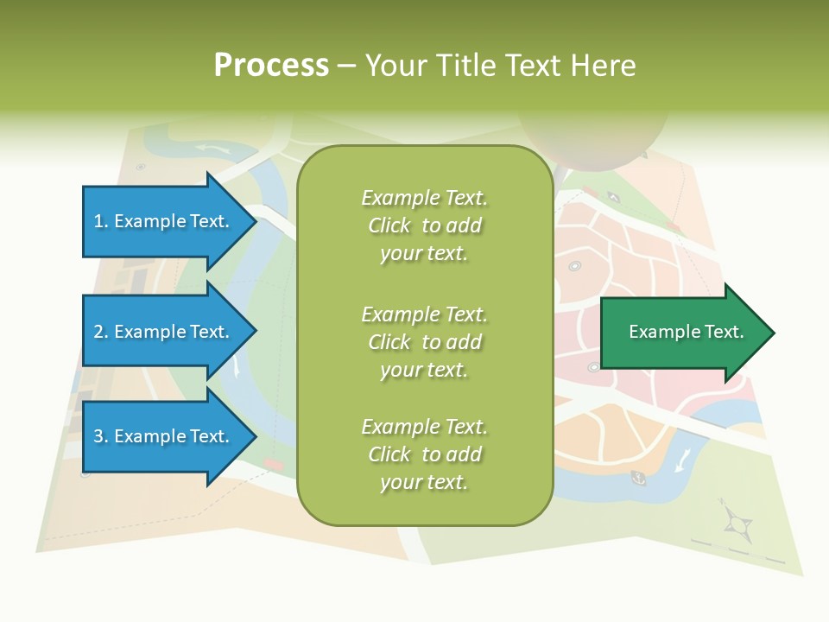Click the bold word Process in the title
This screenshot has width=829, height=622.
271,65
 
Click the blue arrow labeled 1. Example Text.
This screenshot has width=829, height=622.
162,221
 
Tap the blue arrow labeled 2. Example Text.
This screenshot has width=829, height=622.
162,332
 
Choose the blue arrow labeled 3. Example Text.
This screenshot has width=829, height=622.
162,436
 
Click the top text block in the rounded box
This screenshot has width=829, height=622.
424,225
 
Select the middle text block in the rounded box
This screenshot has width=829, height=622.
424,342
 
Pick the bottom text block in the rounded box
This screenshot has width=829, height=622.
424,454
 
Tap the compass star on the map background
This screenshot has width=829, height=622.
737,521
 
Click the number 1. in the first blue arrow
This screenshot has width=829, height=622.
101,221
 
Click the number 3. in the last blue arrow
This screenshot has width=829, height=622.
101,436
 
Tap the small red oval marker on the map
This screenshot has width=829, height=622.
273,465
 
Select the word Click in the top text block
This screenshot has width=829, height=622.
389,225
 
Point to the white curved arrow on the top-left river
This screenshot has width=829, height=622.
212,149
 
